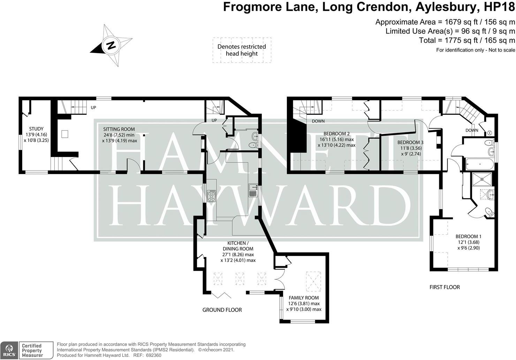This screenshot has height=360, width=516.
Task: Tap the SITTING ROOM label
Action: tap(119, 129)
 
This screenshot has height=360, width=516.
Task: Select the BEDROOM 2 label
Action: tap(336, 134)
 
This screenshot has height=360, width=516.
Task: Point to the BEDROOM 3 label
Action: tap(410, 142)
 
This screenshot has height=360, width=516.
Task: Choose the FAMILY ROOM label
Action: tap(304, 298)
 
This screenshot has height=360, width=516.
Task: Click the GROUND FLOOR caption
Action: tap(222, 310)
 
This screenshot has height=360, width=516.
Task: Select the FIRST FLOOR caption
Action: tap(445, 287)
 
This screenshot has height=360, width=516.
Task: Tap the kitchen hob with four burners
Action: tap(212, 196)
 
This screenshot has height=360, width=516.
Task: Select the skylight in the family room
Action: tap(313, 281)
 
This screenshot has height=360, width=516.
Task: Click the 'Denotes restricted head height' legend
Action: tap(242, 50)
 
